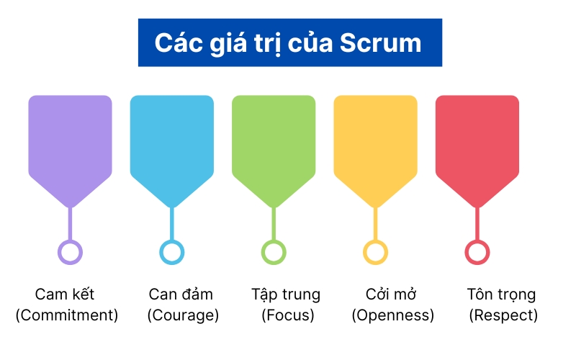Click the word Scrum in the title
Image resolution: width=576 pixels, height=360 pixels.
pos(381,43)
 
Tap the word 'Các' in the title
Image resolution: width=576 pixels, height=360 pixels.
pos(179,42)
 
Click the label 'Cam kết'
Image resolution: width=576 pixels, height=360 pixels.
pos(65,294)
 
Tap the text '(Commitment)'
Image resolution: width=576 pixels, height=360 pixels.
pos(67,315)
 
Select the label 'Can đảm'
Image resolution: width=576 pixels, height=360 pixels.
pos(181,294)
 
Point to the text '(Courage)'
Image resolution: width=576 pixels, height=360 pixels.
pos(183,315)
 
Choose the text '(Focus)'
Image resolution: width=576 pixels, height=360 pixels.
pos(288,315)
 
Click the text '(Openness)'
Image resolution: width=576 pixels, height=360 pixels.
pos(393,315)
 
